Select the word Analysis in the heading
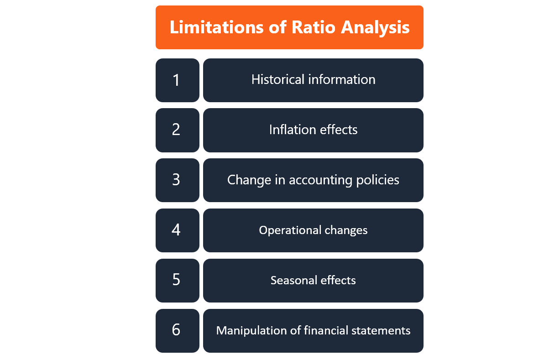point(375,27)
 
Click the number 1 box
point(177,80)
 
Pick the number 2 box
point(177,130)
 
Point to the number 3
point(177,180)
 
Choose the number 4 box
point(177,230)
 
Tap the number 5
point(177,280)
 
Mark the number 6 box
point(177,330)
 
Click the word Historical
point(278,80)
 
